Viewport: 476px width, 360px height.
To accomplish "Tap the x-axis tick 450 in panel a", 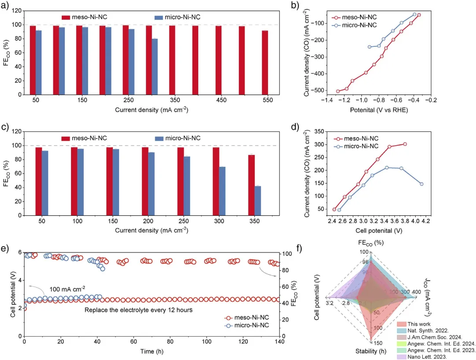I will tap(218, 101).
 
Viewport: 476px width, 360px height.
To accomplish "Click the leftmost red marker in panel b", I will tap(338, 91).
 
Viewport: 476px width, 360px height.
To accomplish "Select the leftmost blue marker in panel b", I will tap(369, 47).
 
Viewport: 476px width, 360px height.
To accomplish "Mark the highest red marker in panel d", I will tap(405, 144).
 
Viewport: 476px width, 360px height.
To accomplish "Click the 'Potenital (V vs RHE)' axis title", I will tap(379, 110).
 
